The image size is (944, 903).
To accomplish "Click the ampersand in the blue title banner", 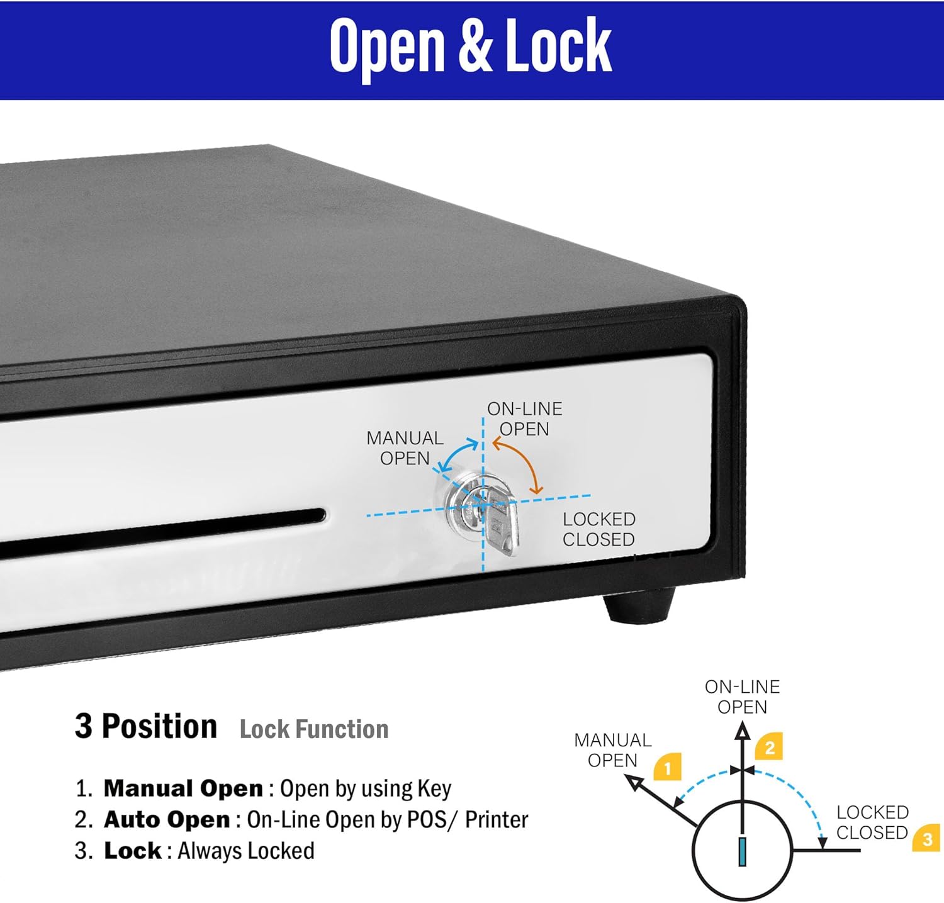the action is coord(475,46).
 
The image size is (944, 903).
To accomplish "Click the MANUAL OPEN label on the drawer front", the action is coord(405,448).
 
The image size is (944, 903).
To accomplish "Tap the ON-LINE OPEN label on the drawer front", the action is coord(525,419).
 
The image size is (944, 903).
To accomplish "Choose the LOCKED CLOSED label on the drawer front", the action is coord(598,529).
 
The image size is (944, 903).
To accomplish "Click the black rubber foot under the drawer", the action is coord(639,605).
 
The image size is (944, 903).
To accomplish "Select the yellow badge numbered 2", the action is coord(769,747).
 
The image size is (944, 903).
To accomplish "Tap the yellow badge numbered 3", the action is coord(926,838).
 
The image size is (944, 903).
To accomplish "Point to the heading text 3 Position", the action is coord(146,726).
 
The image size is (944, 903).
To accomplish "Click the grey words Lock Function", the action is coord(314,729).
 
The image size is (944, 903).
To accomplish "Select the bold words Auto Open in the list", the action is coord(167,819).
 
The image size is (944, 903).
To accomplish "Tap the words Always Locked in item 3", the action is coord(246,851).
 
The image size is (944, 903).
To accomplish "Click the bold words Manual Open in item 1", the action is coord(183,788).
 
